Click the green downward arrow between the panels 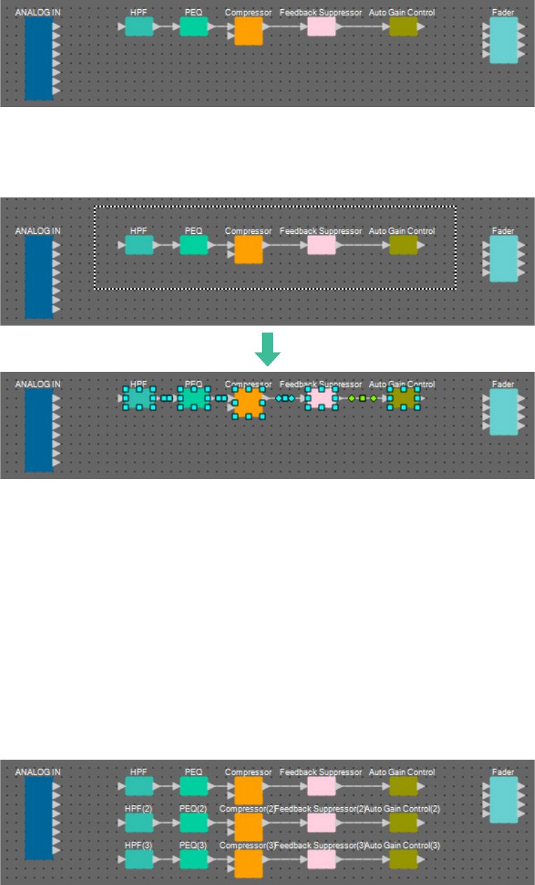pyautogui.click(x=267, y=349)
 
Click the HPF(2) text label pyautogui.click(x=139, y=809)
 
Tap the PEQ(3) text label pyautogui.click(x=193, y=845)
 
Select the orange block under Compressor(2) pyautogui.click(x=249, y=827)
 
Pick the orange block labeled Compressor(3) pyautogui.click(x=249, y=863)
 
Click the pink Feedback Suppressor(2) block pyautogui.click(x=321, y=823)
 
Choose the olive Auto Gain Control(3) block pyautogui.click(x=403, y=859)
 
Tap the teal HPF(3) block pyautogui.click(x=139, y=859)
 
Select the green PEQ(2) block pyautogui.click(x=194, y=823)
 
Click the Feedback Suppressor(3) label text pyautogui.click(x=320, y=845)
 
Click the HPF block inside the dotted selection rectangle pyautogui.click(x=139, y=245)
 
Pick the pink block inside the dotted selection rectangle pyautogui.click(x=321, y=245)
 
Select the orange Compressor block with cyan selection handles pyautogui.click(x=249, y=403)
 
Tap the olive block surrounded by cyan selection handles pyautogui.click(x=403, y=398)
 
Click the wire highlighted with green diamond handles pyautogui.click(x=362, y=398)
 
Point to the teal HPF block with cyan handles pyautogui.click(x=139, y=398)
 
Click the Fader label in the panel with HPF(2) pyautogui.click(x=503, y=772)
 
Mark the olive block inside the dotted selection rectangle pyautogui.click(x=403, y=245)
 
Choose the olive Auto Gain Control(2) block pyautogui.click(x=403, y=823)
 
